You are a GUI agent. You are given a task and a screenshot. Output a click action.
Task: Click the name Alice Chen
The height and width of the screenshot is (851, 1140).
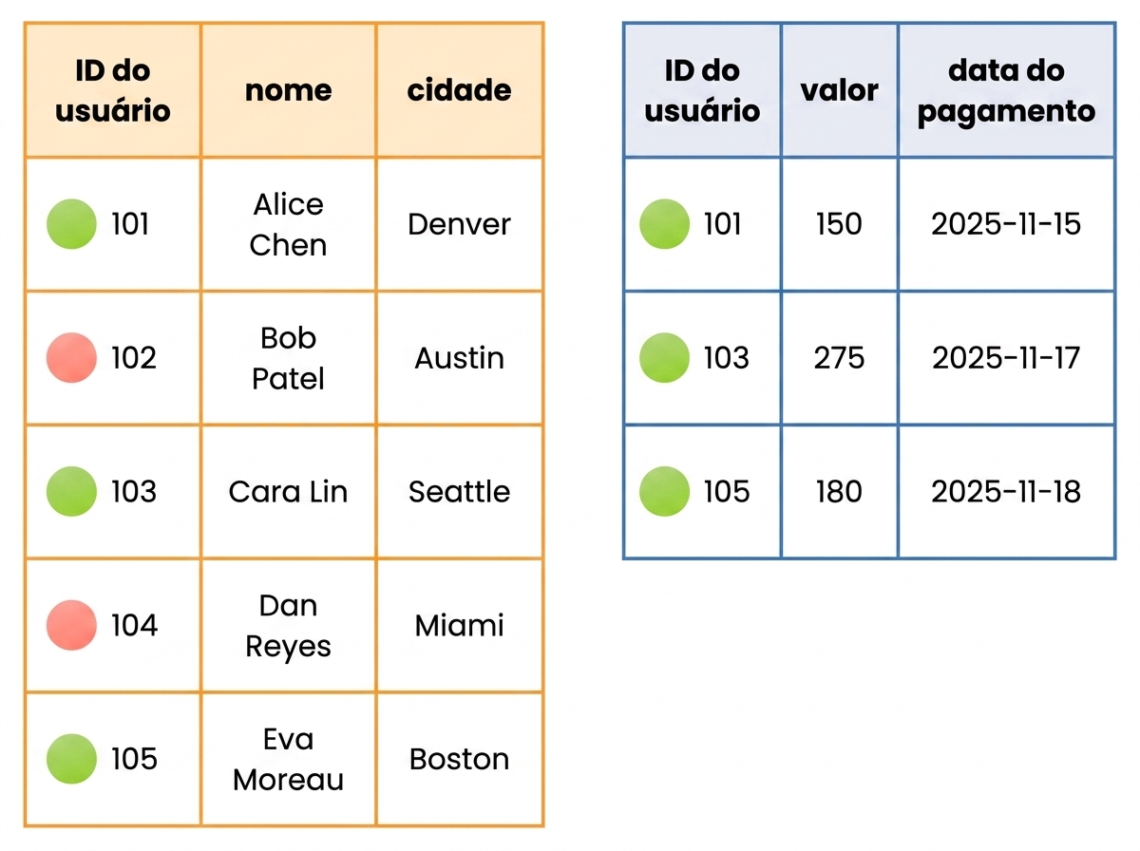tap(288, 224)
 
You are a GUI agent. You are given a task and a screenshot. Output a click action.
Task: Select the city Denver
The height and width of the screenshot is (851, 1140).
tap(459, 224)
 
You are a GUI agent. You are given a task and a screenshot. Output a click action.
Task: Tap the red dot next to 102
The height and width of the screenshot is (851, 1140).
tap(71, 358)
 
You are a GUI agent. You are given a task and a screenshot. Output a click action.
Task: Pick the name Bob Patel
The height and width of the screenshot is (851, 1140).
tap(288, 358)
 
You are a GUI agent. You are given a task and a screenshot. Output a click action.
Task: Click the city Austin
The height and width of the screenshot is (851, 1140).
tap(459, 358)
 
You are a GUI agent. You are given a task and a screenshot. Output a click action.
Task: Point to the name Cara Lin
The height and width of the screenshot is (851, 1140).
tap(288, 491)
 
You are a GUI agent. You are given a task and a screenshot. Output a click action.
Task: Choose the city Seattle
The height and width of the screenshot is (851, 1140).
tap(459, 491)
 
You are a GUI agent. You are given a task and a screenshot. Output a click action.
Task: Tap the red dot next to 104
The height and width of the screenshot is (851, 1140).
tap(71, 625)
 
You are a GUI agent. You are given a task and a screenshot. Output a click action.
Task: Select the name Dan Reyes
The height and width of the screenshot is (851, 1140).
tap(288, 626)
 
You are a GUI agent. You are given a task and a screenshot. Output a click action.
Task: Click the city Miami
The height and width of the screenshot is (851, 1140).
tap(459, 625)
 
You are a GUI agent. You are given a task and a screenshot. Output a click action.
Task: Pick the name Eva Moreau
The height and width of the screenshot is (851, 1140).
tap(288, 759)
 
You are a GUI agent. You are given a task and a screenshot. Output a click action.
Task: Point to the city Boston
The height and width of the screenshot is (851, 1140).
tap(459, 759)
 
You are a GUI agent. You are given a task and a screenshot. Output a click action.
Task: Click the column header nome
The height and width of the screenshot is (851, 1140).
tap(288, 90)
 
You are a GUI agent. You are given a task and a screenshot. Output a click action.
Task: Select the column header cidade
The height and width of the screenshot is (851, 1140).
tap(459, 90)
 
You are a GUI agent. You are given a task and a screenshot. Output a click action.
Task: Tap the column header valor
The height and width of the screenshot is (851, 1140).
tap(839, 90)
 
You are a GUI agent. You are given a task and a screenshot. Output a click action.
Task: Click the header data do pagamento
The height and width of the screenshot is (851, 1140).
tap(1006, 91)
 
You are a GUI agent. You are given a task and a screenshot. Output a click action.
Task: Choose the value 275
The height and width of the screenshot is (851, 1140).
tap(839, 358)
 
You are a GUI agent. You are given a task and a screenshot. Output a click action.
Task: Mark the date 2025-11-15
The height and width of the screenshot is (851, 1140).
tap(1006, 224)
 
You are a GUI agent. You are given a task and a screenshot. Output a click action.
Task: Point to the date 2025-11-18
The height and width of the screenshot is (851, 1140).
tap(1006, 491)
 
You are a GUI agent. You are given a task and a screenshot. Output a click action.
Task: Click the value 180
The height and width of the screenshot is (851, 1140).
tap(839, 491)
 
